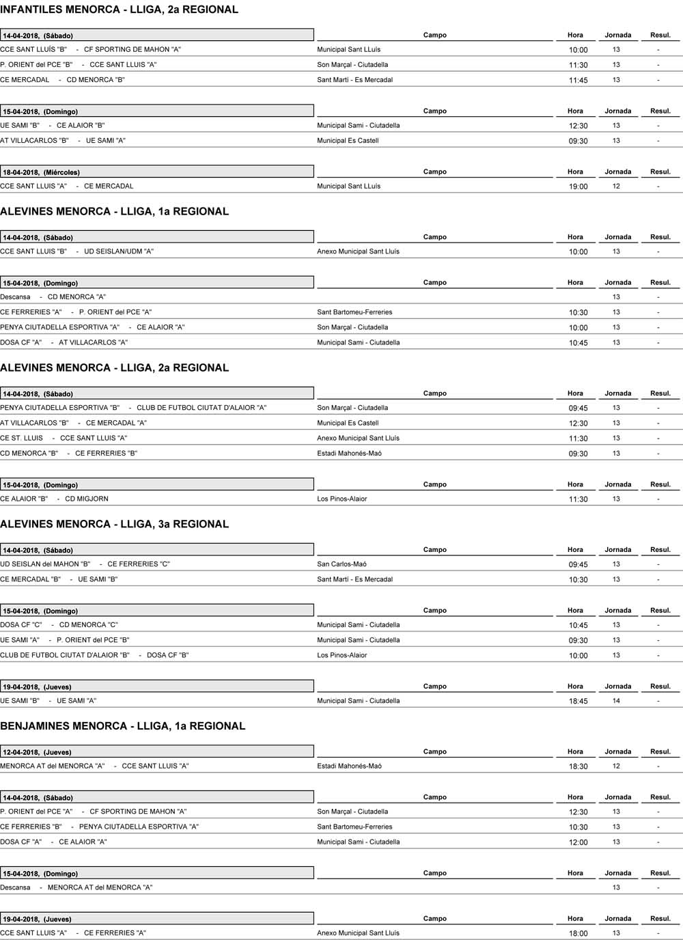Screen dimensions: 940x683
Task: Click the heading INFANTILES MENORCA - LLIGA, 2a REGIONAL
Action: pyautogui.click(x=120, y=10)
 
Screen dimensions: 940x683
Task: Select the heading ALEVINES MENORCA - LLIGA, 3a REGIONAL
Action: pyautogui.click(x=115, y=524)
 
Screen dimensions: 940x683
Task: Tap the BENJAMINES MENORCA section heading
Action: pyautogui.click(x=123, y=726)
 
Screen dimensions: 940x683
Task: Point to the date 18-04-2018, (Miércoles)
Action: pyautogui.click(x=41, y=172)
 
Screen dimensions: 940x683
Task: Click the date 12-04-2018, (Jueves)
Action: pyautogui.click(x=37, y=752)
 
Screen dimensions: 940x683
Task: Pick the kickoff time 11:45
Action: pyautogui.click(x=578, y=81)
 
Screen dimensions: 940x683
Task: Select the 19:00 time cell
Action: pyautogui.click(x=578, y=186)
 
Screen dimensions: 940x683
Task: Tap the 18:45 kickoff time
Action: pyautogui.click(x=578, y=702)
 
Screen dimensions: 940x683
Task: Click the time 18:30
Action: pyautogui.click(x=578, y=766)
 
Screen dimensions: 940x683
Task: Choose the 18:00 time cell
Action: pyautogui.click(x=578, y=934)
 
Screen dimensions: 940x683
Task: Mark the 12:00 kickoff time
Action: pyautogui.click(x=578, y=842)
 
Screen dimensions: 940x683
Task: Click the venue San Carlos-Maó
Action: pyautogui.click(x=342, y=564)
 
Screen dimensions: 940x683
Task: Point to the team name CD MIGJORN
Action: pyautogui.click(x=87, y=499)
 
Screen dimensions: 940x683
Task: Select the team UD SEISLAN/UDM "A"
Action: pyautogui.click(x=119, y=251)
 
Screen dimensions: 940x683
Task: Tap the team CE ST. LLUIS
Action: pyautogui.click(x=21, y=438)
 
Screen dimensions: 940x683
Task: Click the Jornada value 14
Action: pyautogui.click(x=616, y=701)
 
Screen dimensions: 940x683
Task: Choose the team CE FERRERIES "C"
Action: pyautogui.click(x=139, y=564)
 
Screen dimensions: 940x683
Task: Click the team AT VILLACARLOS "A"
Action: pyautogui.click(x=93, y=342)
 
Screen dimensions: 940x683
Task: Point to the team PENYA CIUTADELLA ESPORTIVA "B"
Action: pyautogui.click(x=60, y=408)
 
